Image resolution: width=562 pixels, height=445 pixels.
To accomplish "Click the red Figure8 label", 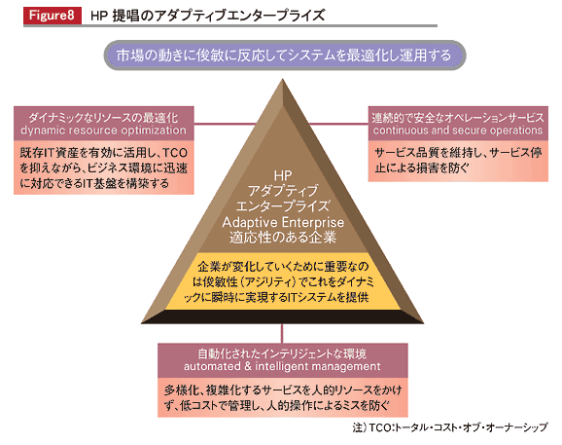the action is [x=53, y=16].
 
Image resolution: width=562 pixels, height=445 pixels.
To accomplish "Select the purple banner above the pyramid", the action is [x=285, y=56].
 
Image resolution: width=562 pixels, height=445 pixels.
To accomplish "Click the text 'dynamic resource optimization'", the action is [x=104, y=130].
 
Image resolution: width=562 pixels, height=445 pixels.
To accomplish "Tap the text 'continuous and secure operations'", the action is [x=458, y=130].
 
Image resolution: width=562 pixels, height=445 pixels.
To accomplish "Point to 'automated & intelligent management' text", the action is [x=282, y=366].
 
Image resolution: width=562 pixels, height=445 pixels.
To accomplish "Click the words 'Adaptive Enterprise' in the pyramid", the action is [x=283, y=222].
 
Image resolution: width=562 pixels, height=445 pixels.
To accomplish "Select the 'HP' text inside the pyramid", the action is [x=283, y=175].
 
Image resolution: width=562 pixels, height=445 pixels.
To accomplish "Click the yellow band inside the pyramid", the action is [x=283, y=281].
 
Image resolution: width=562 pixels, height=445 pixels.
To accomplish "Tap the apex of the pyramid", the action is [x=282, y=79].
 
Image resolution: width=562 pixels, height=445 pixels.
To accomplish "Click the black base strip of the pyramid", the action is [x=282, y=316].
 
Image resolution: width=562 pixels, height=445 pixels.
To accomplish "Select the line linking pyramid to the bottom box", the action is [x=282, y=333].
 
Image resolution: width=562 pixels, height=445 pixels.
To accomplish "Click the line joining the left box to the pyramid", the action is [x=225, y=125].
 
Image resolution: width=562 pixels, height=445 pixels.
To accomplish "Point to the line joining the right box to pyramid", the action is [x=338, y=125].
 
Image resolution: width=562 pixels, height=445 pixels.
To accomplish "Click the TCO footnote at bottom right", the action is [x=450, y=427].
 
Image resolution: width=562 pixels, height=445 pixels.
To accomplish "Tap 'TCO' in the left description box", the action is [x=175, y=153].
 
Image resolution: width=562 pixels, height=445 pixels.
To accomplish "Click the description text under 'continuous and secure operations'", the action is [x=458, y=161].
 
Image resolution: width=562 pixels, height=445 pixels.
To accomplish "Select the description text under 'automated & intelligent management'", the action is [x=283, y=397].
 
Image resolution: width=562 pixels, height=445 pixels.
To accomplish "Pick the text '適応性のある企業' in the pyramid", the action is [x=283, y=238].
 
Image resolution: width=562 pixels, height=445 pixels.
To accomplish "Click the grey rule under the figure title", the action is [x=230, y=26].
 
